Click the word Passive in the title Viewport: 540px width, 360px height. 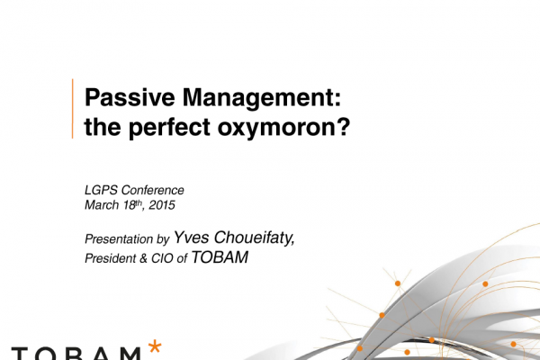(x=130, y=97)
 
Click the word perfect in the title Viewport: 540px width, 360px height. (x=169, y=128)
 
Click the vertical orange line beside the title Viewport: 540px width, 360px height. (x=72, y=109)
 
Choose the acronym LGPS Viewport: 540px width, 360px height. (x=101, y=190)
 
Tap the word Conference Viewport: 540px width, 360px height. (x=153, y=190)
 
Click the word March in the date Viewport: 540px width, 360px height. (x=102, y=205)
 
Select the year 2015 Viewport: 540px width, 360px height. (x=162, y=205)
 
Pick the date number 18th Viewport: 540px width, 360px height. (x=133, y=204)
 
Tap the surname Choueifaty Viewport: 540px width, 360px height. (x=254, y=238)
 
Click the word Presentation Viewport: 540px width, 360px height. (x=119, y=238)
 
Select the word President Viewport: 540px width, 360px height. (x=111, y=258)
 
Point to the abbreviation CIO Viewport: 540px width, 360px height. (x=162, y=258)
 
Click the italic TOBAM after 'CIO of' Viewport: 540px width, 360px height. (x=220, y=257)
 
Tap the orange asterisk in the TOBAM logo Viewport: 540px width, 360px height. (x=155, y=346)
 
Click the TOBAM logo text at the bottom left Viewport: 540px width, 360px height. (x=76, y=354)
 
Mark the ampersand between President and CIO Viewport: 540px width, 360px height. (x=144, y=258)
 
